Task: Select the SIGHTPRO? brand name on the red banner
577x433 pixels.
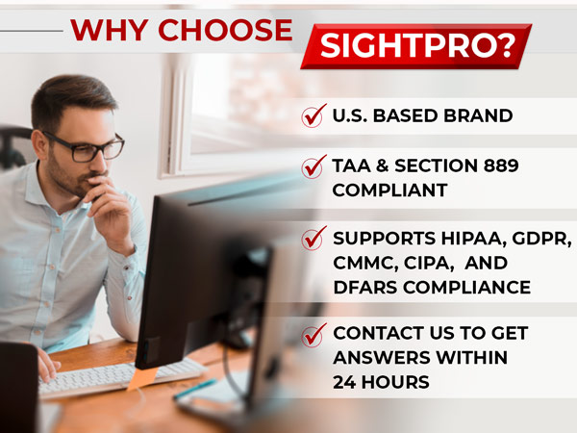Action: click(416, 45)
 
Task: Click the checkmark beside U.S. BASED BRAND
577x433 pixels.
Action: click(314, 116)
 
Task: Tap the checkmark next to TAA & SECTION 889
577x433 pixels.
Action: click(314, 167)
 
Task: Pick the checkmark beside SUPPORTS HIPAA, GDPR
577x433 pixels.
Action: click(314, 238)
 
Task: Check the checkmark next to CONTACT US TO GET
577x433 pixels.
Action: click(314, 335)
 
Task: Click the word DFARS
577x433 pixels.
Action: click(363, 287)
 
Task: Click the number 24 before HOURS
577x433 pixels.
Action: click(345, 382)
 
